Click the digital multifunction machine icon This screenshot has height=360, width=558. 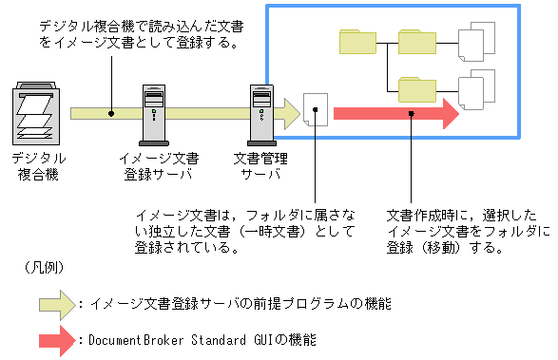[x=36, y=113]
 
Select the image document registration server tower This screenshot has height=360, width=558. [x=154, y=115]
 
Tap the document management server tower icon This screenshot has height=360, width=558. [x=261, y=115]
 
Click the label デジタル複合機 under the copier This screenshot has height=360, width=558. [x=38, y=166]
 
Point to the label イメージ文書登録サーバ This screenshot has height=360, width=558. [x=159, y=166]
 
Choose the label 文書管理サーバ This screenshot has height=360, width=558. [x=260, y=166]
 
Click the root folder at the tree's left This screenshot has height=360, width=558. [x=357, y=42]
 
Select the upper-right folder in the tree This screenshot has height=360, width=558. [x=417, y=42]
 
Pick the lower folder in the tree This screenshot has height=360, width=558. [x=417, y=89]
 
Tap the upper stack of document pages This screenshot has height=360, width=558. [x=476, y=42]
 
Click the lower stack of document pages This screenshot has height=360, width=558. [x=476, y=89]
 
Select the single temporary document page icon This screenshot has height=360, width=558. [x=316, y=109]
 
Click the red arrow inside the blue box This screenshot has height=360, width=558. [x=396, y=114]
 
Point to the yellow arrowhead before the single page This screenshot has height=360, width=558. [x=292, y=114]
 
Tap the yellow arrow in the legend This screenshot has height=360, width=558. [x=57, y=305]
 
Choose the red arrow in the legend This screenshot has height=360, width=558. [x=57, y=341]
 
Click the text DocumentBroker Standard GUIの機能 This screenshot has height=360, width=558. [x=202, y=340]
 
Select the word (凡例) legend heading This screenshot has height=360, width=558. [x=44, y=268]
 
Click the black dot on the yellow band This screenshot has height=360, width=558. [x=111, y=114]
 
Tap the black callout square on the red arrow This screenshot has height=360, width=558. [x=412, y=114]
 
